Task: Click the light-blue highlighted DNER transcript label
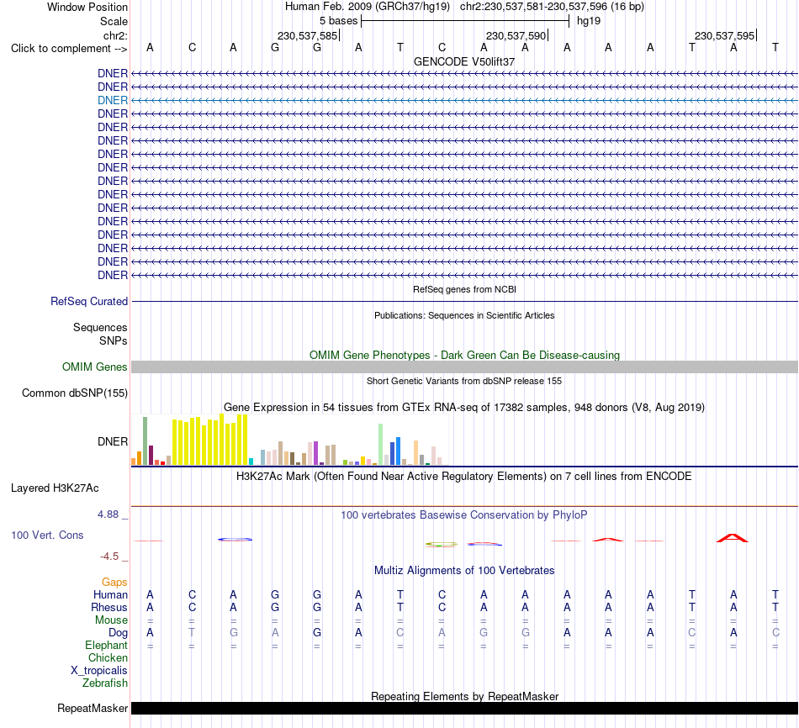[x=113, y=100]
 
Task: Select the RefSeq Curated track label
[x=89, y=301]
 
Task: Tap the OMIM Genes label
[x=95, y=367]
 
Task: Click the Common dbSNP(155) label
[x=75, y=393]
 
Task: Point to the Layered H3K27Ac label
[x=55, y=488]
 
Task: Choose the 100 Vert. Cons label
[x=47, y=535]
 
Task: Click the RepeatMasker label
[x=93, y=708]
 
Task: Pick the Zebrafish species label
[x=105, y=683]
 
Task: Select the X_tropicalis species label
[x=99, y=671]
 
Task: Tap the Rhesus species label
[x=109, y=607]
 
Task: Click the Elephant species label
[x=107, y=645]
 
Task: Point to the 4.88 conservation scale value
[x=108, y=514]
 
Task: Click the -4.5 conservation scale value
[x=109, y=557]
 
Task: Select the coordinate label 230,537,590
[x=516, y=35]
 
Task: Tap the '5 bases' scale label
[x=339, y=21]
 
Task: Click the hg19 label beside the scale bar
[x=589, y=21]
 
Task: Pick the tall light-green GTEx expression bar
[x=381, y=444]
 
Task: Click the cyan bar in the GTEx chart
[x=251, y=462]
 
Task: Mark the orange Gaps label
[x=114, y=582]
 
